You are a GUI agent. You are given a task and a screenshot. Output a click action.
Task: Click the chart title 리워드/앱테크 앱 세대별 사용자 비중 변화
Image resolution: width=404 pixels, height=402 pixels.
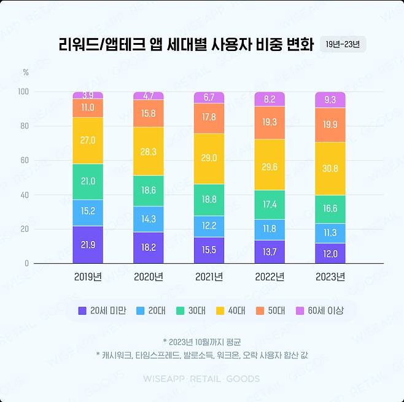click(x=186, y=45)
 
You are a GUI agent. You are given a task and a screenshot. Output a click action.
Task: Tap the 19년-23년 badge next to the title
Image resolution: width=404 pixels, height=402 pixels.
click(x=343, y=45)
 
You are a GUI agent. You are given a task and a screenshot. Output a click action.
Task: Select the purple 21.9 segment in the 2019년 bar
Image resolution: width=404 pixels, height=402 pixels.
click(x=88, y=245)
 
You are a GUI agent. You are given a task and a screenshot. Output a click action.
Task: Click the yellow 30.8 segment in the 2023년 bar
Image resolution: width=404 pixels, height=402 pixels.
click(x=330, y=168)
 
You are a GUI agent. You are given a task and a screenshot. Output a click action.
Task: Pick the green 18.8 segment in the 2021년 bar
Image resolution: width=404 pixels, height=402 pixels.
click(x=209, y=199)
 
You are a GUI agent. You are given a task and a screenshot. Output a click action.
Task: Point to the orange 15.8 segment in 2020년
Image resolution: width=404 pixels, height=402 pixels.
click(x=149, y=113)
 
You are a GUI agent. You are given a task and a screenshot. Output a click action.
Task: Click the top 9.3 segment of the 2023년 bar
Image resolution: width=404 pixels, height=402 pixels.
click(x=330, y=100)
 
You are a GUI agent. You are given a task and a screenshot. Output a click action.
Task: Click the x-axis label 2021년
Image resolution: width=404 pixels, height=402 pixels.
click(x=209, y=277)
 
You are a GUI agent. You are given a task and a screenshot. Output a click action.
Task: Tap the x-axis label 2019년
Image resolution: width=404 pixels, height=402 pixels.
click(x=88, y=277)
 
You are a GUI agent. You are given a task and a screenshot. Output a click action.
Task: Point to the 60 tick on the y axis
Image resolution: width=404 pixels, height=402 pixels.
click(x=26, y=160)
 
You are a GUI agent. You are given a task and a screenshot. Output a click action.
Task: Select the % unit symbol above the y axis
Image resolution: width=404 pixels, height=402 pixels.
click(x=26, y=73)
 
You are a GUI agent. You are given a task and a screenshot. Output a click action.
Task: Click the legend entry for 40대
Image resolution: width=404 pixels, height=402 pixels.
click(x=230, y=310)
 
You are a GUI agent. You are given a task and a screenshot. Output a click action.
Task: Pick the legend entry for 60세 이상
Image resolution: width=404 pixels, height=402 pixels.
click(x=320, y=310)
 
